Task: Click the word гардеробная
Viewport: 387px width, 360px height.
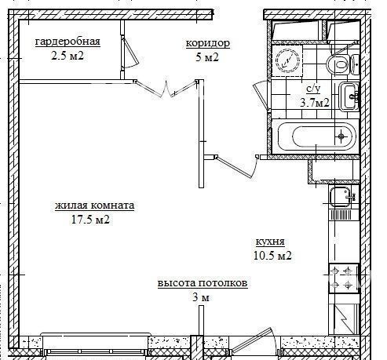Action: point(68,42)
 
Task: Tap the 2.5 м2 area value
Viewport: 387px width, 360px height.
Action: point(68,56)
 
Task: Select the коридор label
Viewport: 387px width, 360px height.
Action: point(208,43)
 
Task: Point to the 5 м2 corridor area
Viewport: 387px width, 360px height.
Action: point(207,57)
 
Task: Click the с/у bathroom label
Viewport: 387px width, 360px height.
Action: point(313,89)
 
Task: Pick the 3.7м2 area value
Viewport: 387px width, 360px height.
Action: point(314,103)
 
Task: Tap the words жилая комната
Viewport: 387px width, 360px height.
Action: point(94,205)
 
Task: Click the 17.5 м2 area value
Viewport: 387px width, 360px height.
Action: point(90,220)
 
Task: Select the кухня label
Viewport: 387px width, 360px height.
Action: point(270,242)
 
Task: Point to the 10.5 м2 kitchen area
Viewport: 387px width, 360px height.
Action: point(272,256)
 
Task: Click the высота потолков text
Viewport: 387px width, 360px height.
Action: point(203,283)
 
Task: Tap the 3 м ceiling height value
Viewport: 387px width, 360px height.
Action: point(201,297)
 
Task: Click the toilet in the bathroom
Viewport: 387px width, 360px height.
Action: point(342,64)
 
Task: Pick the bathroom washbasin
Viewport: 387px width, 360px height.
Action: point(349,96)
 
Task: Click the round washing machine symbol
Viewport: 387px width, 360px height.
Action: point(287,61)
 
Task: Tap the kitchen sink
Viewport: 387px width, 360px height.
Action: point(341,198)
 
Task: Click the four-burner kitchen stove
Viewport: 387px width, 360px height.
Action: point(344,278)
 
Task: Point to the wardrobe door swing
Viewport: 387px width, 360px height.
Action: point(130,53)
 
